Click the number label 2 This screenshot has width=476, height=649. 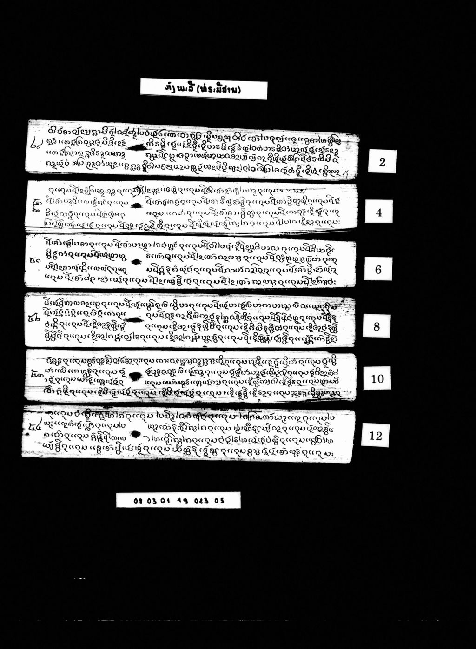pyautogui.click(x=382, y=162)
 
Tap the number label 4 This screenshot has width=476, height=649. pyautogui.click(x=379, y=212)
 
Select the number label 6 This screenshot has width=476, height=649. pyautogui.click(x=378, y=269)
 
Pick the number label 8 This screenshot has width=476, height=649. pyautogui.click(x=377, y=326)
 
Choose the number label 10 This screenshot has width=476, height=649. pyautogui.click(x=377, y=378)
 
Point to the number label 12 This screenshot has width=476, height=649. pyautogui.click(x=375, y=436)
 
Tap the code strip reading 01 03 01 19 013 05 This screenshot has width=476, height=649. pyautogui.click(x=178, y=501)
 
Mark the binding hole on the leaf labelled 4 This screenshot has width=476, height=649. pyautogui.click(x=137, y=205)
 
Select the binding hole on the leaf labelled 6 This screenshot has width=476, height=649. pyautogui.click(x=136, y=262)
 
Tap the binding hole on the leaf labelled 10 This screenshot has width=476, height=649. pyautogui.click(x=135, y=376)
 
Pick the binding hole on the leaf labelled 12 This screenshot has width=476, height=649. pyautogui.click(x=135, y=435)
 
